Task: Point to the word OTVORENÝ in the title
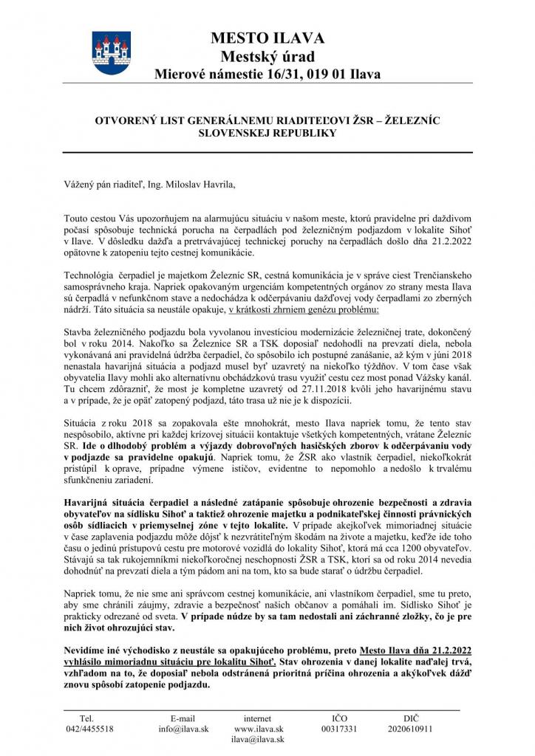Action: coord(129,119)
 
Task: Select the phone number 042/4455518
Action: coord(89,728)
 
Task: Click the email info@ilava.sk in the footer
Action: coord(183,728)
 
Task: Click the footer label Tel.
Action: coord(86,717)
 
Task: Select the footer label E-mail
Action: coord(183,717)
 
